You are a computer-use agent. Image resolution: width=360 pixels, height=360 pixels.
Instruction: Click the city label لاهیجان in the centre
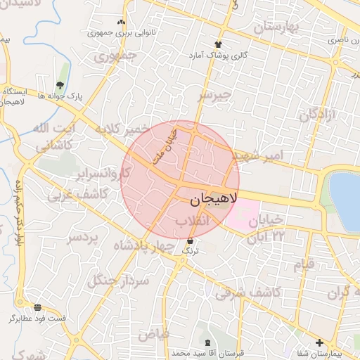(214, 200)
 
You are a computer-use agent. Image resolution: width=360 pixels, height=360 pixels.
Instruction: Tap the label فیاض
(153, 334)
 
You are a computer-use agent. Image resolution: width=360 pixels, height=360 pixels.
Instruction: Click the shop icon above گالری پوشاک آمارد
(219, 44)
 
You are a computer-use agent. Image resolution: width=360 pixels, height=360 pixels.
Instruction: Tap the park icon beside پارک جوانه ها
(59, 85)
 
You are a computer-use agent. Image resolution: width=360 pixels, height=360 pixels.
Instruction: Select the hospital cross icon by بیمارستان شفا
(319, 342)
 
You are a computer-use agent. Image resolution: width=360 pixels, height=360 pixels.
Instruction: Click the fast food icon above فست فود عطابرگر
(37, 308)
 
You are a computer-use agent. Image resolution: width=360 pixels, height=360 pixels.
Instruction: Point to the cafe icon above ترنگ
(190, 241)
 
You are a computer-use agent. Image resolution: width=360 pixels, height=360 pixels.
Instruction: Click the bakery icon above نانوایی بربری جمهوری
(122, 22)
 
